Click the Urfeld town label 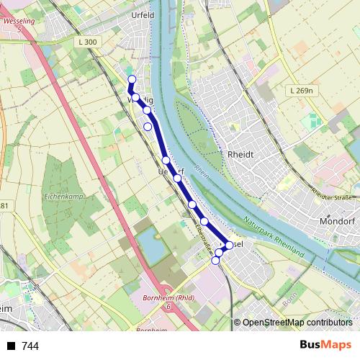[143, 14]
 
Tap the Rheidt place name [240, 154]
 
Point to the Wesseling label [19, 22]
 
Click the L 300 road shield [86, 42]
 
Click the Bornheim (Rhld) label [168, 298]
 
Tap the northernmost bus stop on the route [132, 79]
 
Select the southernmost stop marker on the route [215, 261]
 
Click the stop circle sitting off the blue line [148, 127]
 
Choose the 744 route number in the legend [30, 346]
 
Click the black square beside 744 [11, 346]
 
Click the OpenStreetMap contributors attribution [297, 323]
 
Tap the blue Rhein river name [201, 174]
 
